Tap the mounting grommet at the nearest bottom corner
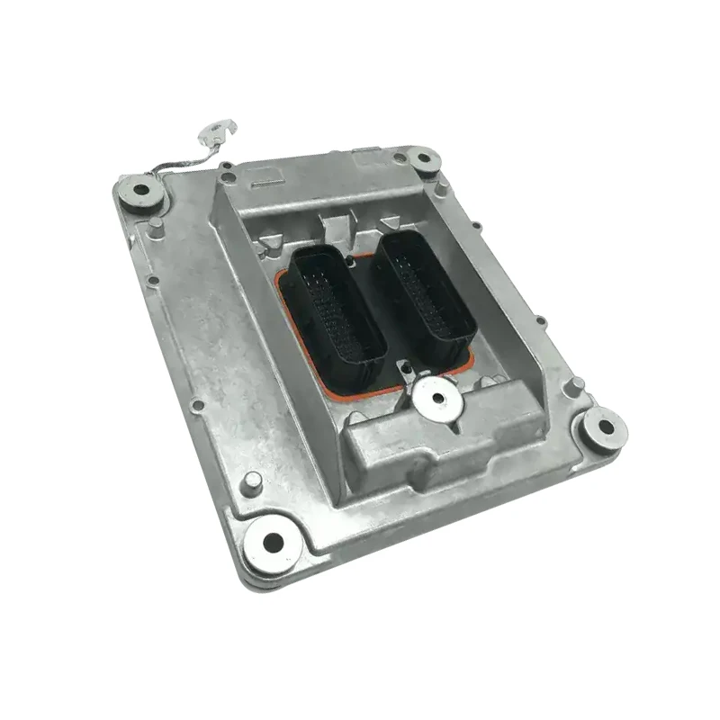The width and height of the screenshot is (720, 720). (272, 540)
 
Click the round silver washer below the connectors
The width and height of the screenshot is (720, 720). (437, 397)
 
